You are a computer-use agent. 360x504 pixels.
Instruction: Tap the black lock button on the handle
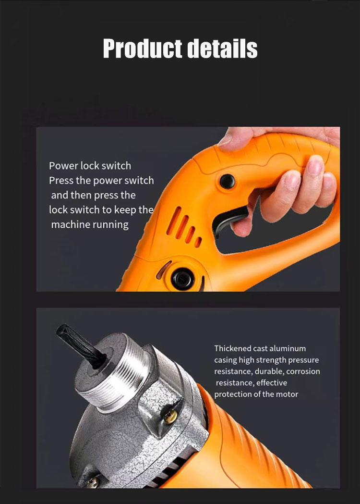click(228, 182)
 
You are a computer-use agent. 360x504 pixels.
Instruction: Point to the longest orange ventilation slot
click(174, 221)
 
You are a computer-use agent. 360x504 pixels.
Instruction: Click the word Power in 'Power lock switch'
click(63, 166)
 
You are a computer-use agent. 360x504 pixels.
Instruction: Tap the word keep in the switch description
click(126, 210)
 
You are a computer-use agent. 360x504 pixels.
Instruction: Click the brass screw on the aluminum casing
click(170, 417)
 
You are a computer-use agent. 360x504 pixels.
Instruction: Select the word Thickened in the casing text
click(233, 348)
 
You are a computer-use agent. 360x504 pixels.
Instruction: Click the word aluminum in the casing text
click(288, 349)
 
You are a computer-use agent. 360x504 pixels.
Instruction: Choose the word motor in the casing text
click(287, 394)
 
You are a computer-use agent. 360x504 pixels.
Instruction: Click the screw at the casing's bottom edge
click(93, 482)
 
